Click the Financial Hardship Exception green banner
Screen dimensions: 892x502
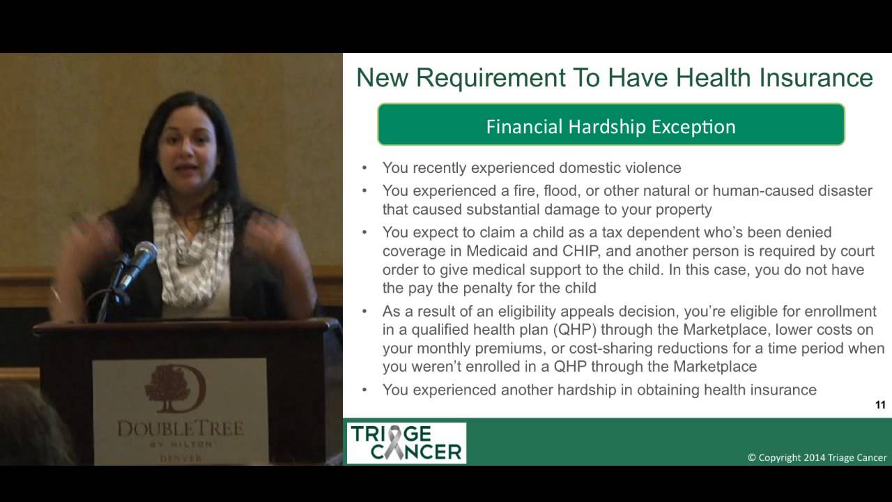pyautogui.click(x=611, y=124)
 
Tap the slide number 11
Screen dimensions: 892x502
pyautogui.click(x=880, y=405)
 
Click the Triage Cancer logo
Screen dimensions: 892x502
pyautogui.click(x=406, y=443)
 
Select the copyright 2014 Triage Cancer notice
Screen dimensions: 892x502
pyautogui.click(x=817, y=457)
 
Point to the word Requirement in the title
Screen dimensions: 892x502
pyautogui.click(x=491, y=78)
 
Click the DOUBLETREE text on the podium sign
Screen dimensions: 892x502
pyautogui.click(x=180, y=429)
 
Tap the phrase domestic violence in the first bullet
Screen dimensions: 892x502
pyautogui.click(x=620, y=168)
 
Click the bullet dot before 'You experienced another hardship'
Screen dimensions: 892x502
pyautogui.click(x=364, y=390)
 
